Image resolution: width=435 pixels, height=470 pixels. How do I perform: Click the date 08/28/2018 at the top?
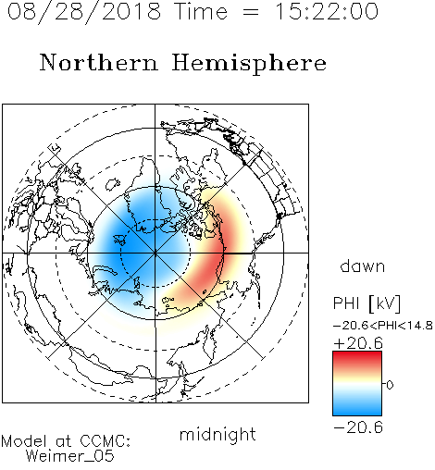84,12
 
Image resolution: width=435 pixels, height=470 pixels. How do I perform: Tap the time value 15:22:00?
327,11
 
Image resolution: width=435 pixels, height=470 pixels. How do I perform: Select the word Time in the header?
201,11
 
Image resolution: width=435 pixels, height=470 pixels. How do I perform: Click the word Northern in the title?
99,62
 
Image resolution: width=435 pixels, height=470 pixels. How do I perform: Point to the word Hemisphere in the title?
249,64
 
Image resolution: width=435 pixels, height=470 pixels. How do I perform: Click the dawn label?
363,266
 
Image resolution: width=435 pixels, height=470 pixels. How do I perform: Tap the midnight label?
217,434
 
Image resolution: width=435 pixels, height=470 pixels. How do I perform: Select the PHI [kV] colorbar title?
367,303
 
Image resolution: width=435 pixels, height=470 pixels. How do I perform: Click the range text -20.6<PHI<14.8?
383,326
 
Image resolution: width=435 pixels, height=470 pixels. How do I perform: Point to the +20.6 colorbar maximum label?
358,343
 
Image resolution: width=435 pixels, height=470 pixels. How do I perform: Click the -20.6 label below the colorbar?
358,427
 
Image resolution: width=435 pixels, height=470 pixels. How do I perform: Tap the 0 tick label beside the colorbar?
390,385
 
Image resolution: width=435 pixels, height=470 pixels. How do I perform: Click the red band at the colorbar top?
357,358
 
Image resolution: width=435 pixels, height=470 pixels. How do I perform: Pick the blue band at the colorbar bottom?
357,408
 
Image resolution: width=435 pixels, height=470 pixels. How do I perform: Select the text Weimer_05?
70,456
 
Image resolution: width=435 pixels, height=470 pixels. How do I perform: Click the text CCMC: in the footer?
106,441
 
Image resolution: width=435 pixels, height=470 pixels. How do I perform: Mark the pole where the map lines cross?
155,254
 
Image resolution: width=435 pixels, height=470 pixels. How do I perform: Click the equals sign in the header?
251,13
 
